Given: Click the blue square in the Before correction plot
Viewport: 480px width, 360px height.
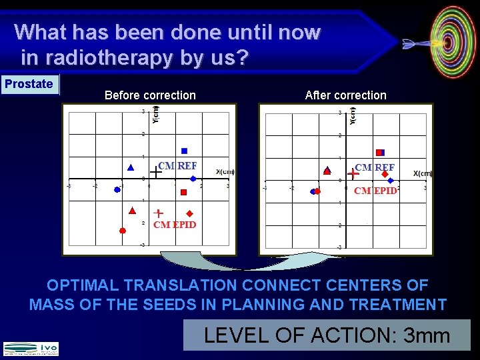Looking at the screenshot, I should click(185, 151).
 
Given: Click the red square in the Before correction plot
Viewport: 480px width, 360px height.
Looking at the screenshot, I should click(183, 192).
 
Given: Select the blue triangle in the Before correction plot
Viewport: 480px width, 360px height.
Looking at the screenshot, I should click(131, 167).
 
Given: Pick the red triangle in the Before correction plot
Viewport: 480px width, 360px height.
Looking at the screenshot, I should click(132, 210).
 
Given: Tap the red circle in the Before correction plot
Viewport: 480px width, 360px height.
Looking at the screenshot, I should click(122, 231).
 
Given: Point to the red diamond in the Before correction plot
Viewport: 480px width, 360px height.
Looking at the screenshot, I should click(189, 213).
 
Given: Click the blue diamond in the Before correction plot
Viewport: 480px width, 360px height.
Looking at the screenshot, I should click(193, 179).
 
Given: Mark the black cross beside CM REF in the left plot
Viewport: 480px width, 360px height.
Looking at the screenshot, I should click(155, 172).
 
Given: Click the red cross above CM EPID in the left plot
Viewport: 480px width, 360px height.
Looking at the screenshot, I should click(158, 213).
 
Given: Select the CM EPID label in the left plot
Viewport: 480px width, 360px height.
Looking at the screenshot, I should click(175, 225).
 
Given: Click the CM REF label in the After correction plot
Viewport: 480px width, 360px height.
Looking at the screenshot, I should click(375, 167).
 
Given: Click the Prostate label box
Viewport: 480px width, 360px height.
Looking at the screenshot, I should click(29, 84).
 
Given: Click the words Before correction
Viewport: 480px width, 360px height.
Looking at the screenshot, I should click(150, 95).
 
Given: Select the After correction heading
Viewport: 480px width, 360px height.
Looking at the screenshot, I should click(345, 95).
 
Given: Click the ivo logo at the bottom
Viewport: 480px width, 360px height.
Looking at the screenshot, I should click(31, 348).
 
